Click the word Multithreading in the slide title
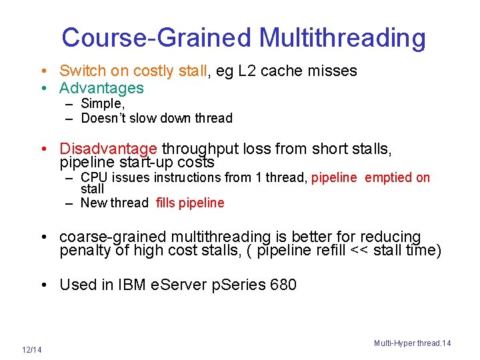coord(342,38)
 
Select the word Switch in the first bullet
coord(79,71)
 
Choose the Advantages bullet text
coord(101,88)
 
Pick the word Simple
coord(102,103)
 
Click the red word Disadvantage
coord(108,149)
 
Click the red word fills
coord(167,203)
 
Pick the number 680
coord(283,285)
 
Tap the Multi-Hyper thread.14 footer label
coord(412,343)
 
